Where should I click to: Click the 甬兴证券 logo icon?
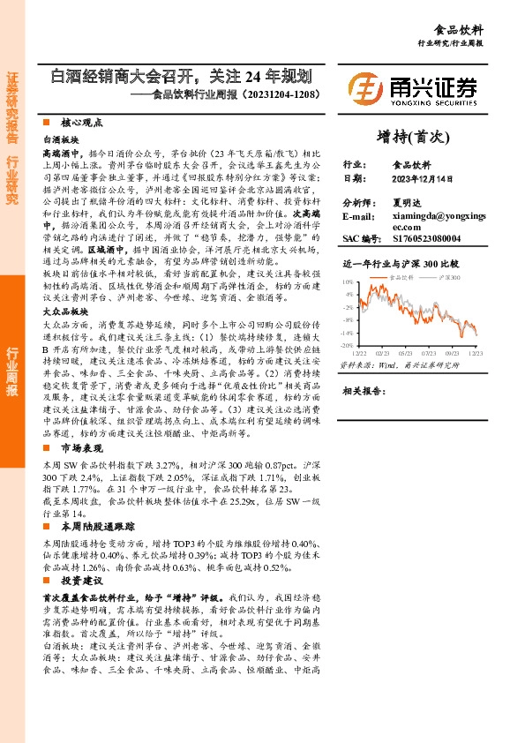click(364, 87)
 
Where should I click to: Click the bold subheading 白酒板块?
click(61, 139)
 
